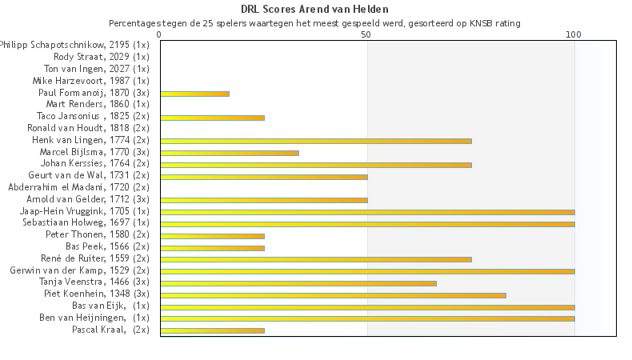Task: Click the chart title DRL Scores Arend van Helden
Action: coord(315,10)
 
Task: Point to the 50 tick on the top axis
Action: coord(366,35)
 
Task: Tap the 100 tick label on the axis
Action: coord(574,35)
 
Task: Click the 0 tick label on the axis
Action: coord(160,35)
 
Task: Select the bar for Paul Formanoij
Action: coord(194,94)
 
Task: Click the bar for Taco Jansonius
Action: coord(212,118)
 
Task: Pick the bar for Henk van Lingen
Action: coord(315,141)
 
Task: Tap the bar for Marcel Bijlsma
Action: coord(229,153)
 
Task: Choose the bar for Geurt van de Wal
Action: coord(263,176)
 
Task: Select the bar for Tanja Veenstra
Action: coord(298,282)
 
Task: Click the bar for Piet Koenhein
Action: coord(333,294)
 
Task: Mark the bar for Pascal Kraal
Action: coord(212,330)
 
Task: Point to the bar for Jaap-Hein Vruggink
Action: coord(366,212)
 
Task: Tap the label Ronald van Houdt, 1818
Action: coord(88,128)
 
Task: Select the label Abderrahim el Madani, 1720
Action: coord(78,187)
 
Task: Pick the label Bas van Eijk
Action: coord(110,306)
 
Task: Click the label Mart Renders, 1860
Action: coord(98,104)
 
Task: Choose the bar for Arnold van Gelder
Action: coord(263,200)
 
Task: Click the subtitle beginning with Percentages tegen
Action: coord(314,23)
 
